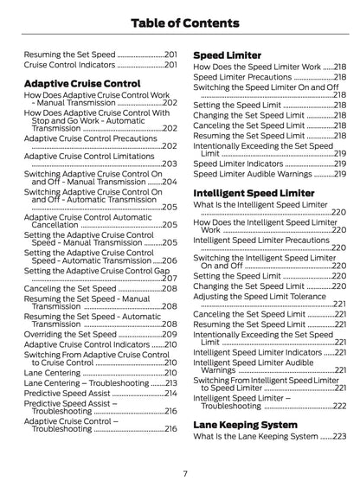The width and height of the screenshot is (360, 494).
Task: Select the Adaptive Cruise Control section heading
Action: click(x=81, y=83)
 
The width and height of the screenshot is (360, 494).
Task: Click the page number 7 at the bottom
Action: click(x=184, y=472)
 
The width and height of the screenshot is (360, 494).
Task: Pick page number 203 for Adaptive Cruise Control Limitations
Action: click(x=170, y=164)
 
